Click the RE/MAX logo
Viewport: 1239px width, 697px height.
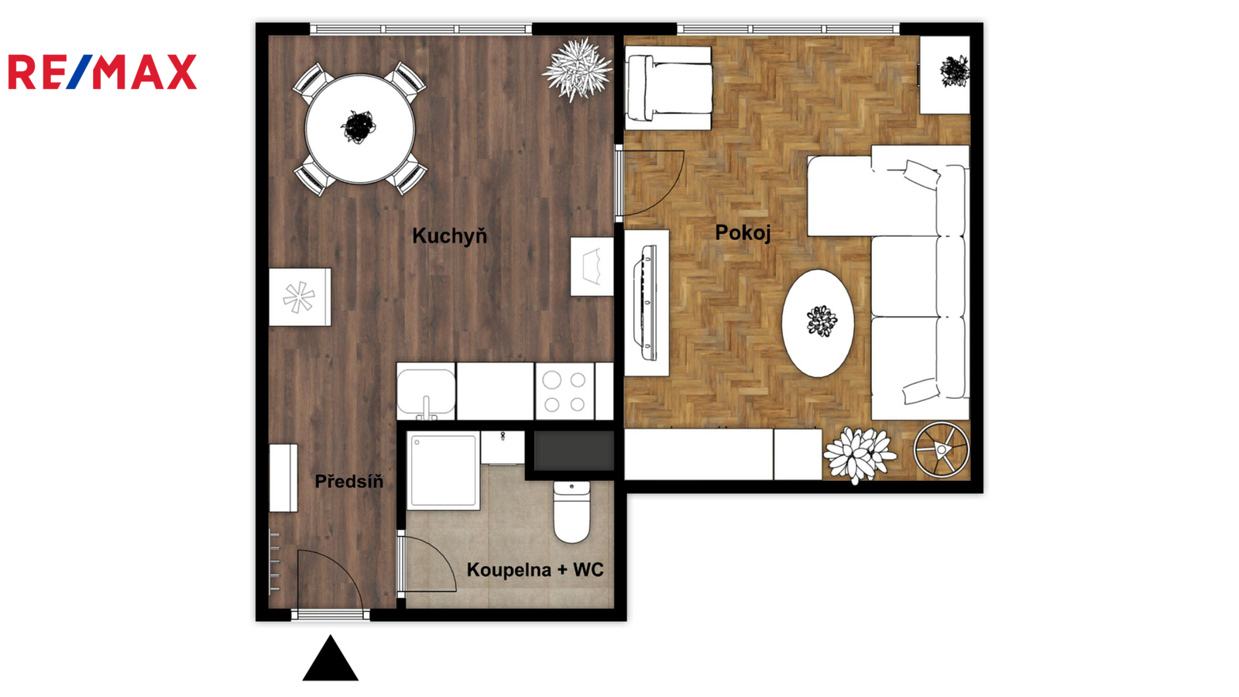(x=102, y=72)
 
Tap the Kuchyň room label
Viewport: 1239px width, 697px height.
(x=450, y=236)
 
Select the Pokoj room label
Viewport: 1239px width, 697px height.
(x=743, y=232)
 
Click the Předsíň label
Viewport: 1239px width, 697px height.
(x=349, y=481)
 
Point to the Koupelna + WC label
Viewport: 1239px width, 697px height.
(x=535, y=570)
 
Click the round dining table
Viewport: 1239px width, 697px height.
(x=359, y=129)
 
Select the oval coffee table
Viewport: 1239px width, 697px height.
(x=818, y=324)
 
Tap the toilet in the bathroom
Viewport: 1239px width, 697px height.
(x=572, y=512)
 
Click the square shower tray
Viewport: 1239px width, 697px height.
(x=443, y=471)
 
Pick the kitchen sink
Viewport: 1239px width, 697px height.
(x=427, y=392)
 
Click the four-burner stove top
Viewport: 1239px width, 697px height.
(x=565, y=392)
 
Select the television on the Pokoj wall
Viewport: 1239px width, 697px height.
(x=647, y=303)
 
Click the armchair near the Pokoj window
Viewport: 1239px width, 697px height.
(x=668, y=88)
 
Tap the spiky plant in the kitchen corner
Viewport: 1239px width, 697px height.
(x=578, y=69)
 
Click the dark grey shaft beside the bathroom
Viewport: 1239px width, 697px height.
(x=574, y=450)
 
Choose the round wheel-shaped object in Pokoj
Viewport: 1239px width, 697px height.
(x=942, y=450)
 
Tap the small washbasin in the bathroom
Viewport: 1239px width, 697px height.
(x=503, y=448)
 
